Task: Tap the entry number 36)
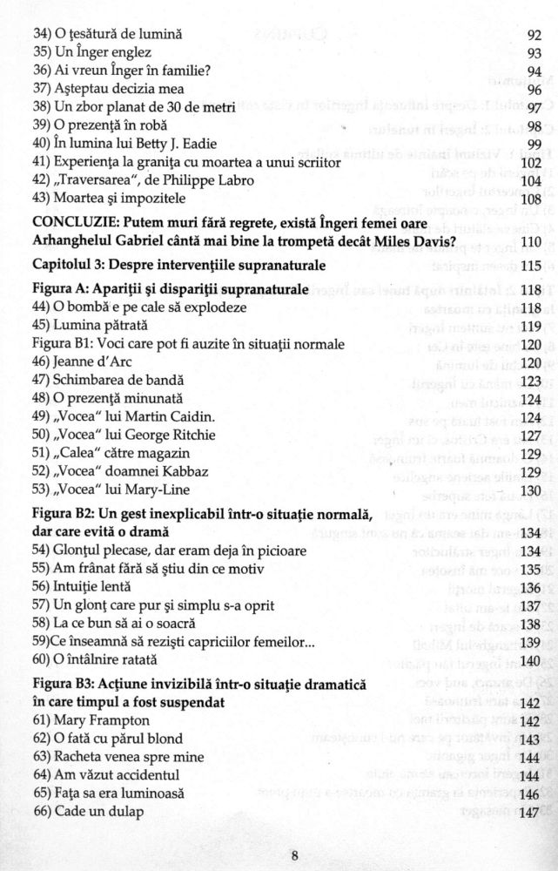(x=44, y=71)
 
